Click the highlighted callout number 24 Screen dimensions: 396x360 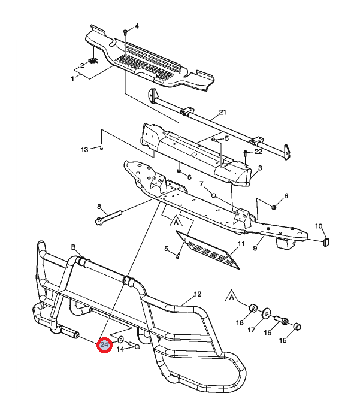point(105,346)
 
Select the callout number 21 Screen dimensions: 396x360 point(223,113)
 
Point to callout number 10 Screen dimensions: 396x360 point(319,226)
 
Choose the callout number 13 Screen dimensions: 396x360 point(84,149)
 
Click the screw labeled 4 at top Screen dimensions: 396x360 point(125,32)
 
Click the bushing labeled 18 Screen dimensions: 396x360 point(253,308)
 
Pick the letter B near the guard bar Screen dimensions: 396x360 point(74,247)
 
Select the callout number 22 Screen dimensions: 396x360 point(258,152)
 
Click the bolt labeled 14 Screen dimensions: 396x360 point(133,346)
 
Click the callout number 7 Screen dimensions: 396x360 point(202,184)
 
